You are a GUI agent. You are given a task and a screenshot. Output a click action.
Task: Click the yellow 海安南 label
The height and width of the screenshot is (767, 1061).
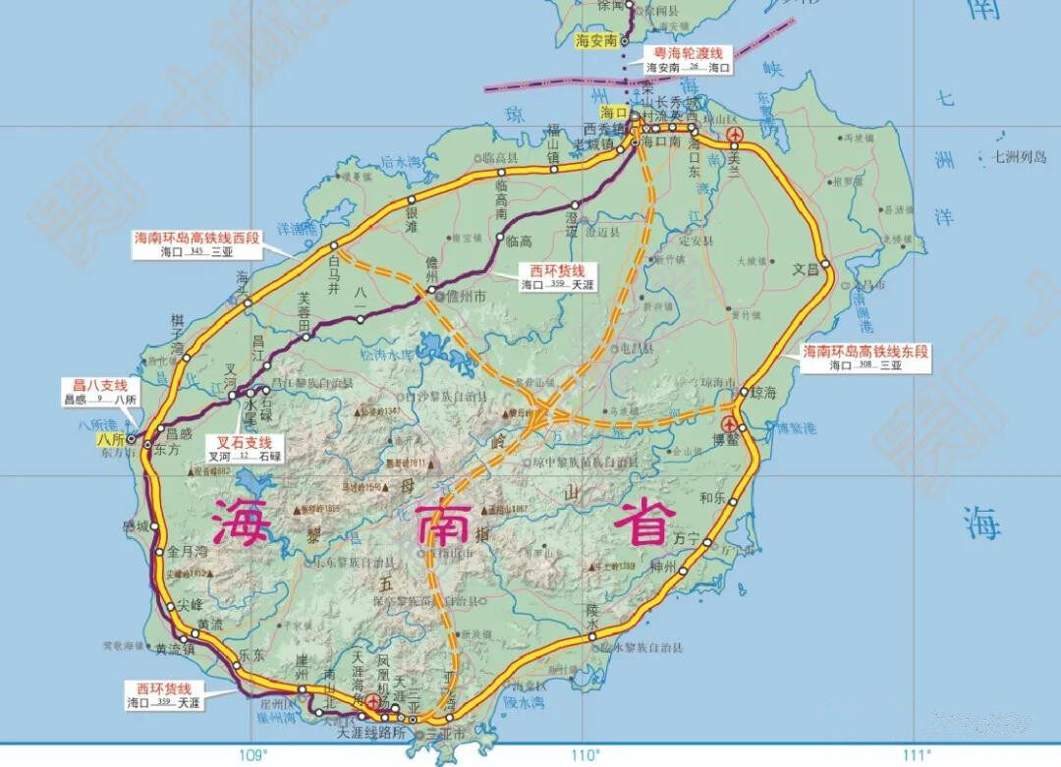596,40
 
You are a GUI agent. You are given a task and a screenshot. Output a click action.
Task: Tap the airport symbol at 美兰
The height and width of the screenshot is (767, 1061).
733,136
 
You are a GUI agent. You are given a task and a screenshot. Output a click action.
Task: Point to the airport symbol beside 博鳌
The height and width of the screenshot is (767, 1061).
728,423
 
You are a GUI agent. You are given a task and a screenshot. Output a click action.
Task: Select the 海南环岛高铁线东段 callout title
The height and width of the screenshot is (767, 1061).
866,351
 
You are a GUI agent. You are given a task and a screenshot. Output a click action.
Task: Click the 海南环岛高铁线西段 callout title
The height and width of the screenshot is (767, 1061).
196,238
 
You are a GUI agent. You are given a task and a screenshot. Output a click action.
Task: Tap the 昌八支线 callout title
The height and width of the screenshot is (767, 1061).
93,385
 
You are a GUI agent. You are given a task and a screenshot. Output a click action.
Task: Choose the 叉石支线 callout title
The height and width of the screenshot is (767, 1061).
243,442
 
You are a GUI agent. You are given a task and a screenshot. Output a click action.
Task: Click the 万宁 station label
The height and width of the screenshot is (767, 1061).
686,540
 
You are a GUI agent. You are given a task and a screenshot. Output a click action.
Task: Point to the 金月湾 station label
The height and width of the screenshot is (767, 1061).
184,552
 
